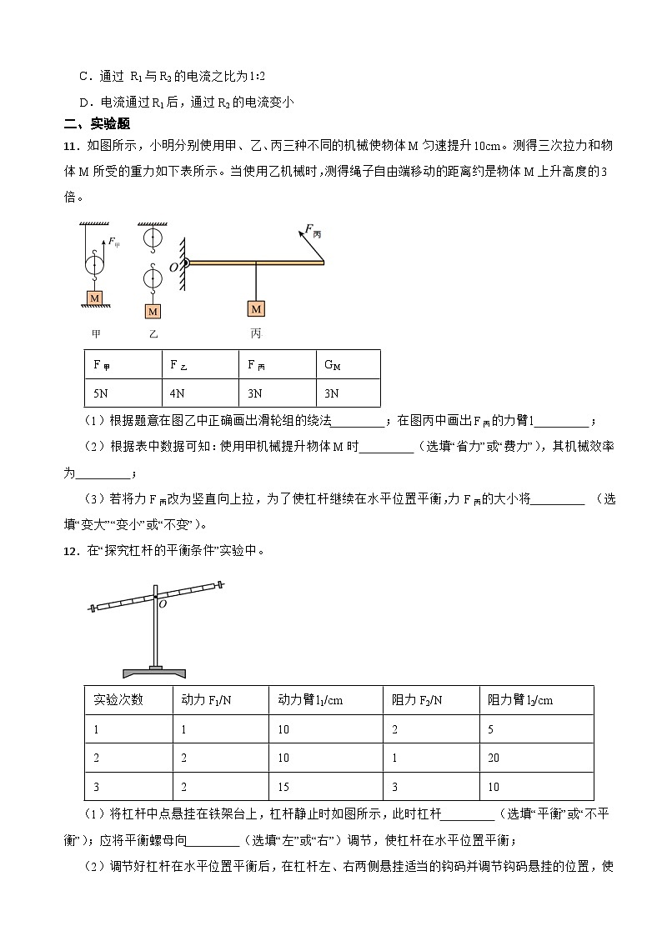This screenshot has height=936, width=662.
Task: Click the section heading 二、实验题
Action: (97, 124)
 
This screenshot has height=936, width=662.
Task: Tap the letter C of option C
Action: (83, 76)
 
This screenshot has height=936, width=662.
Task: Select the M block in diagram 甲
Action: (95, 298)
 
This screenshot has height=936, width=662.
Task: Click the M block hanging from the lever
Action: (256, 308)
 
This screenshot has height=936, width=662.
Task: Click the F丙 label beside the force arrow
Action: (312, 231)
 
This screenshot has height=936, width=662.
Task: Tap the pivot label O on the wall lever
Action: (173, 268)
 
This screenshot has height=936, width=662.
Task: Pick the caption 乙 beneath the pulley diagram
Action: (153, 333)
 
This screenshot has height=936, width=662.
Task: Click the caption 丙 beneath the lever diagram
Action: (255, 333)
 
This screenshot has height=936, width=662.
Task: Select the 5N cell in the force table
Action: (101, 393)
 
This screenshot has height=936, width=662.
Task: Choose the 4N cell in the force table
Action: (177, 393)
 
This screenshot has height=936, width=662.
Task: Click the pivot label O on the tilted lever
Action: (163, 605)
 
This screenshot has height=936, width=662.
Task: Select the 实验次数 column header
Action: (118, 700)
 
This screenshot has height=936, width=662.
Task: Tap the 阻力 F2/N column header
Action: (417, 700)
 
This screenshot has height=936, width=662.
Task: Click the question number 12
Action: (70, 550)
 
